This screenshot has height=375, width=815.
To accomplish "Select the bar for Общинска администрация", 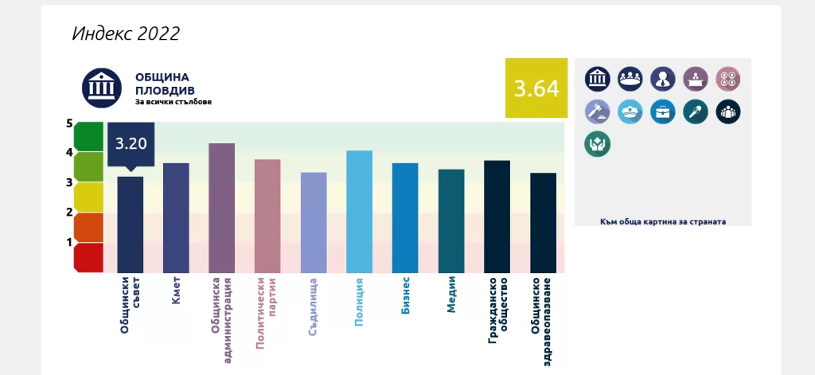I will (221, 208).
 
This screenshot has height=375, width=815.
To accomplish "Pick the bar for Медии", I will (451, 221).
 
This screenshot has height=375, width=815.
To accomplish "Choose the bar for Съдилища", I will (314, 222).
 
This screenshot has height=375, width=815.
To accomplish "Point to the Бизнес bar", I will (405, 217).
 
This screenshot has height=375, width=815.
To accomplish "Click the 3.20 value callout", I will (131, 144).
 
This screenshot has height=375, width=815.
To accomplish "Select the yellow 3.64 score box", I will (536, 88).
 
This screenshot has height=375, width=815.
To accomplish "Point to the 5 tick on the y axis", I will (69, 123).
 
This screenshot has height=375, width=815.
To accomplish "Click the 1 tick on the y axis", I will (69, 242).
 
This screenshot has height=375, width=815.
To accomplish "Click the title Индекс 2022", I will (126, 33).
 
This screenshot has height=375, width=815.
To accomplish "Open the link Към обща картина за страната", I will (663, 221).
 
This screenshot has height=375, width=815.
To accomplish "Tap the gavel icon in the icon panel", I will (598, 111).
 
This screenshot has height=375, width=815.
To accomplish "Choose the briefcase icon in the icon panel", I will (662, 111).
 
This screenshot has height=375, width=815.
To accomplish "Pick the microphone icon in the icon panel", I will (695, 111).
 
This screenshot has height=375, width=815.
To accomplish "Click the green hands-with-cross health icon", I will (598, 144).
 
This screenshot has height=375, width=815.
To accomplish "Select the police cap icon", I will (630, 111).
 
